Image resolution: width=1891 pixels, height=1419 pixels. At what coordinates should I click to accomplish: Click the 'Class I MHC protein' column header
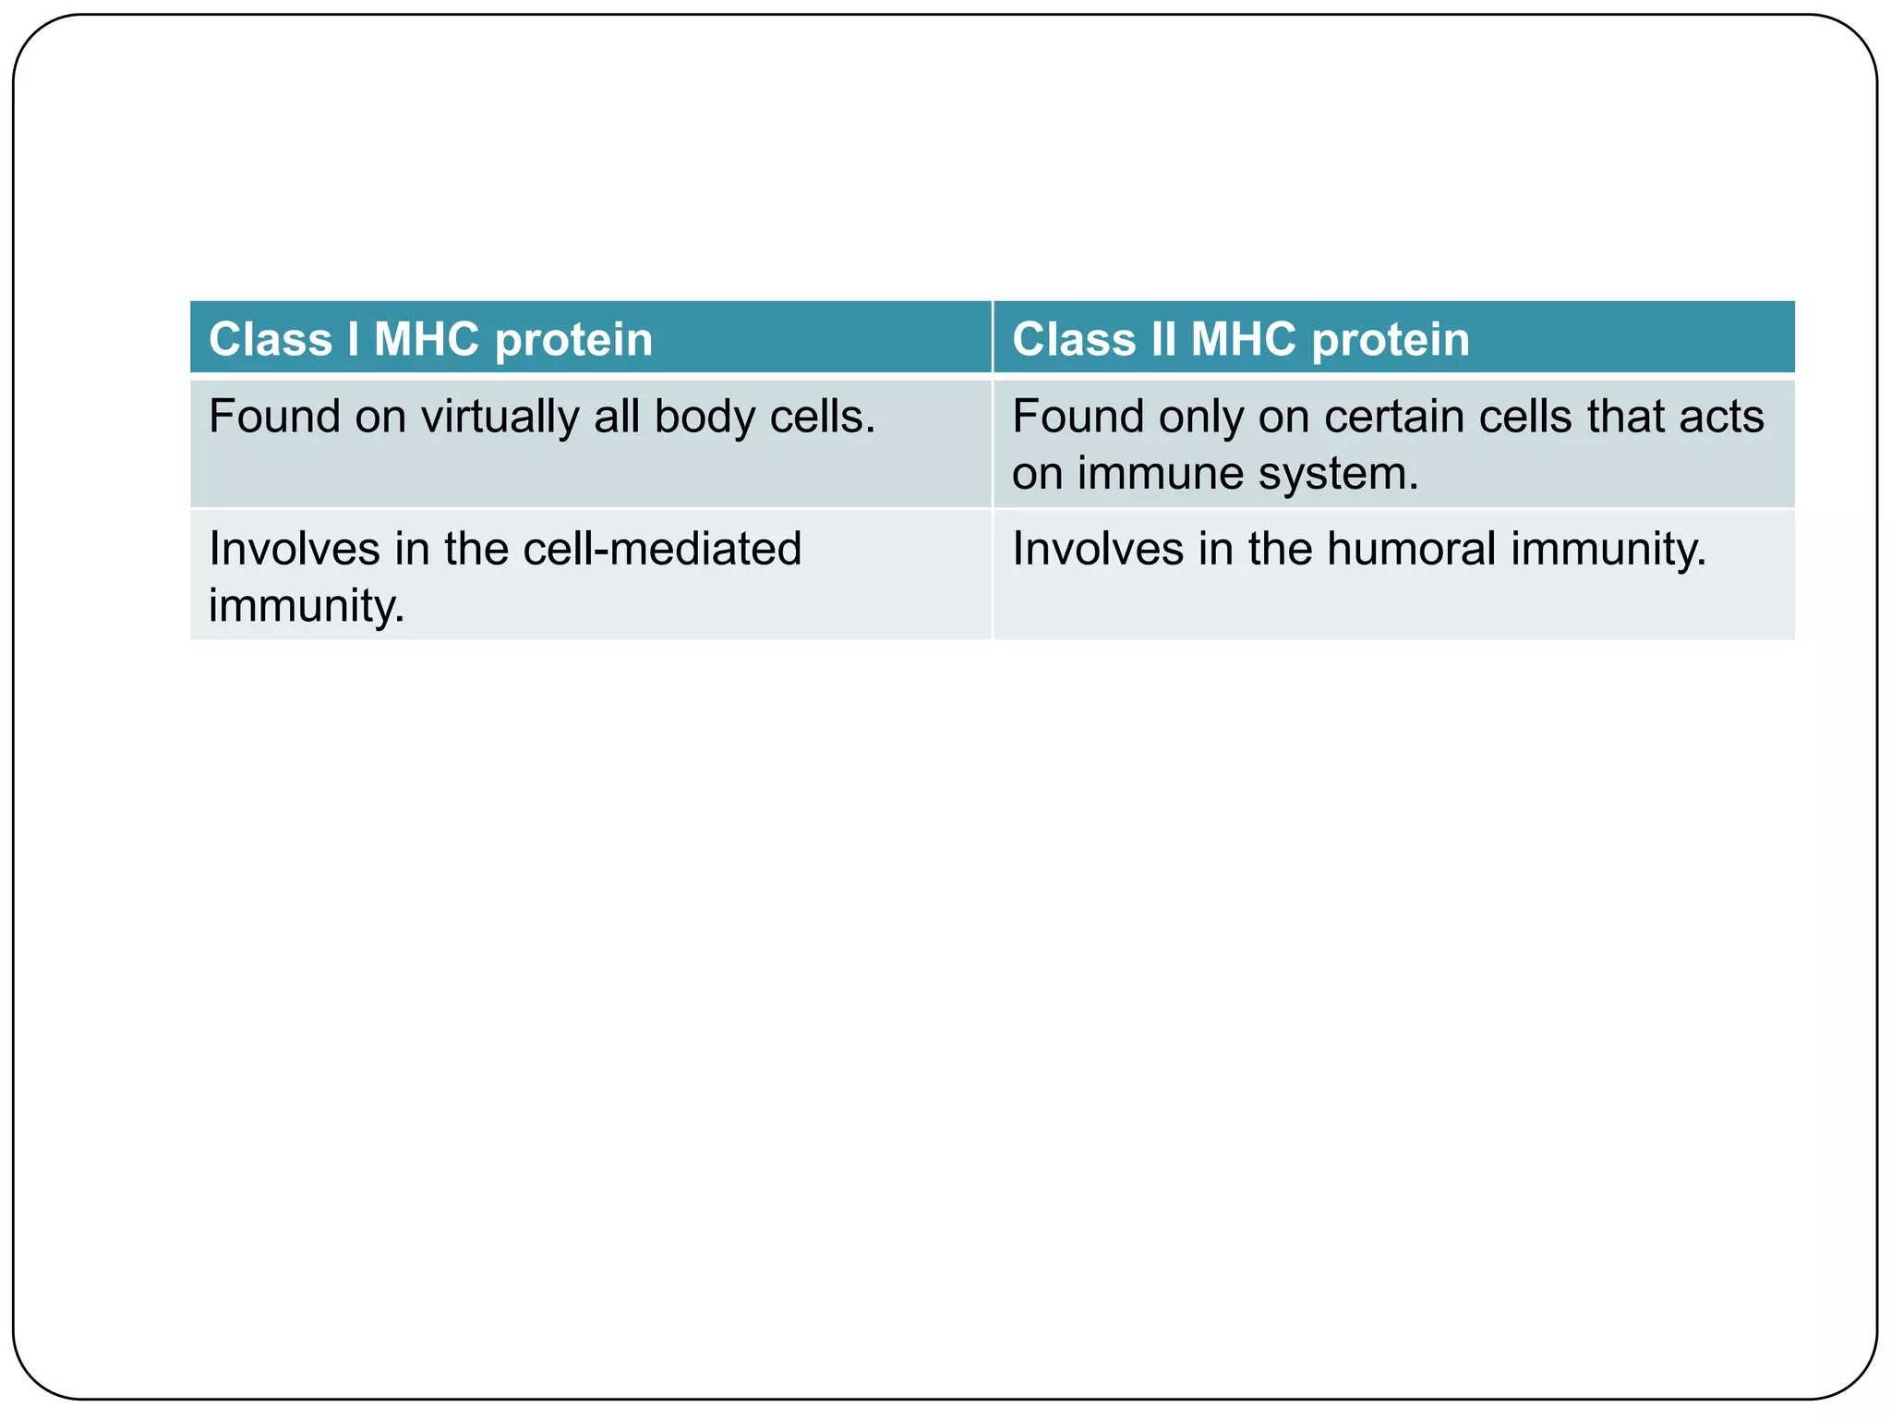(430, 339)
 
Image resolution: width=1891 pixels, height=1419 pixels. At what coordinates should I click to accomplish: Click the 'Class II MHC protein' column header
(1240, 339)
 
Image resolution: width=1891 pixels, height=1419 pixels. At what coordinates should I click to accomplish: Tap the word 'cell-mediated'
(662, 549)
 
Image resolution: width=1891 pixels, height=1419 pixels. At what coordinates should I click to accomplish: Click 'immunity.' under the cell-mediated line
(307, 606)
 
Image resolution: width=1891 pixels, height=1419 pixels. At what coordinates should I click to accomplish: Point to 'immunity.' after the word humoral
(1608, 549)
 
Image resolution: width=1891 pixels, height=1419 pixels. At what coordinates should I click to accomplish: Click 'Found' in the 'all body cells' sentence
(274, 417)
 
